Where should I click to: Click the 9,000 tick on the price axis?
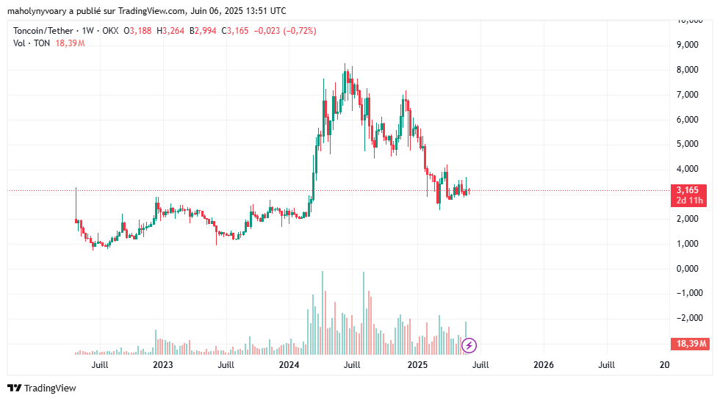(687, 45)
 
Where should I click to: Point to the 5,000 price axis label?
(687, 144)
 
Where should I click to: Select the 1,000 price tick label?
(687, 244)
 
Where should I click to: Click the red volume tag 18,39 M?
(688, 344)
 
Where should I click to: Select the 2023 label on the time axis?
(162, 364)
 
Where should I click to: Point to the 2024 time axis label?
(289, 364)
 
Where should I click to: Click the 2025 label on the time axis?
(417, 364)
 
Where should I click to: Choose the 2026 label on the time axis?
(544, 364)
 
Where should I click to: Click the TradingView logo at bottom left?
(42, 388)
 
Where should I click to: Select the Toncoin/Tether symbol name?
(44, 30)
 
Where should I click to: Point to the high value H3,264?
(171, 30)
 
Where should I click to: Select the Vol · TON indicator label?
(32, 43)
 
